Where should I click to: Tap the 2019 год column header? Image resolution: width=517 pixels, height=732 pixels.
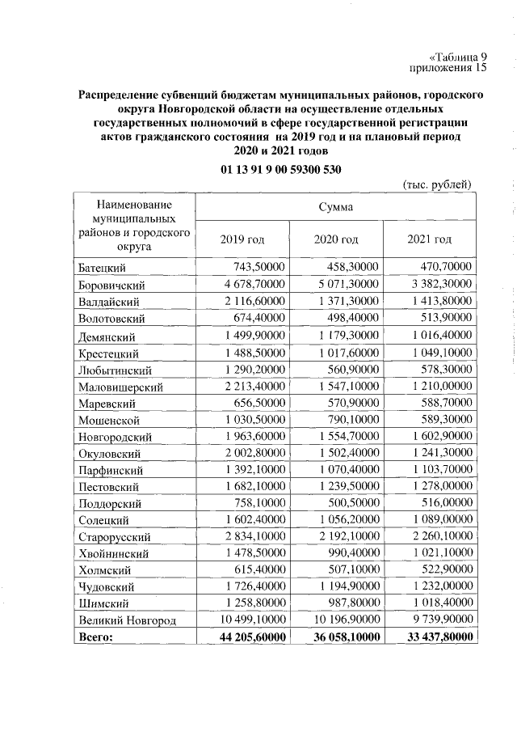242,239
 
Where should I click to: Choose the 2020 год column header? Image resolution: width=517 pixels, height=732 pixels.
335,239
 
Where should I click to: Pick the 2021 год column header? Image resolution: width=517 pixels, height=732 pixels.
430,239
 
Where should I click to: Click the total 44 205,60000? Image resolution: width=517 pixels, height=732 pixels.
245,637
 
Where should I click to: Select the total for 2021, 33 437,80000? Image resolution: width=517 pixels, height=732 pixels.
434,637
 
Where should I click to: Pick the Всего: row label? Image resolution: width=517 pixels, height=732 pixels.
96,637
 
